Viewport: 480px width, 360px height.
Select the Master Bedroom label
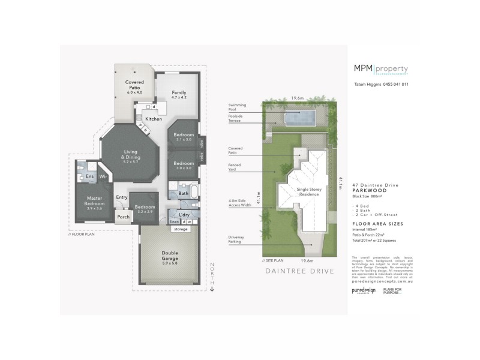(x=95, y=201)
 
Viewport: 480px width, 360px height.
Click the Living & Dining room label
(x=130, y=155)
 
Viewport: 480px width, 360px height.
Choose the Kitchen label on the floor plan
(x=154, y=119)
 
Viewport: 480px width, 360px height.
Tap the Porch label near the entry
(x=124, y=217)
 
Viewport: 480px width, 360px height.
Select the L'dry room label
(x=185, y=214)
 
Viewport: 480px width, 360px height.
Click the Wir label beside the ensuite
(x=103, y=176)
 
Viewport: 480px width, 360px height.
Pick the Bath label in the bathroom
(x=184, y=193)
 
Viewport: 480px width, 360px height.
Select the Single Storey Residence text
(x=308, y=191)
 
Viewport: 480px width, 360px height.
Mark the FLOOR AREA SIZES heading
(x=378, y=223)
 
